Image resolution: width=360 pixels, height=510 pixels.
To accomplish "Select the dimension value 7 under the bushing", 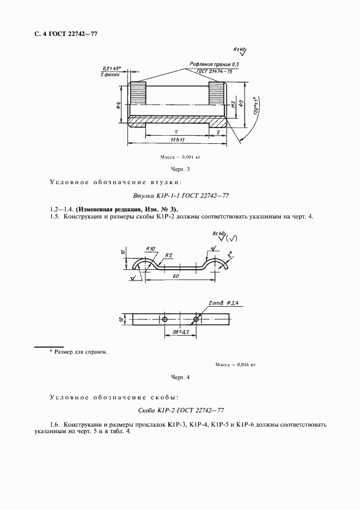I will pos(176,132).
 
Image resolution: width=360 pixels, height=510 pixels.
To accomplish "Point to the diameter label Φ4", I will pos(119,105).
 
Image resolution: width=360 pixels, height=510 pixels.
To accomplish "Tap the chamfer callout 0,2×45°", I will pos(111,69).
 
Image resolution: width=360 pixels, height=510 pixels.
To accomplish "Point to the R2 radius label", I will pos(169,254).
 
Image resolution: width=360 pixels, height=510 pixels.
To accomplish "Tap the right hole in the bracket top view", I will pos(196,318).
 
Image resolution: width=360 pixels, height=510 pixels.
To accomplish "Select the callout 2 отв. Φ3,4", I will pos(223,302).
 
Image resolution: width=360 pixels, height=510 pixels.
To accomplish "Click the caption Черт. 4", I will pos(180,377).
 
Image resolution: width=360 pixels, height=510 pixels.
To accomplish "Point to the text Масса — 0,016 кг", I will pos(235,364).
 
